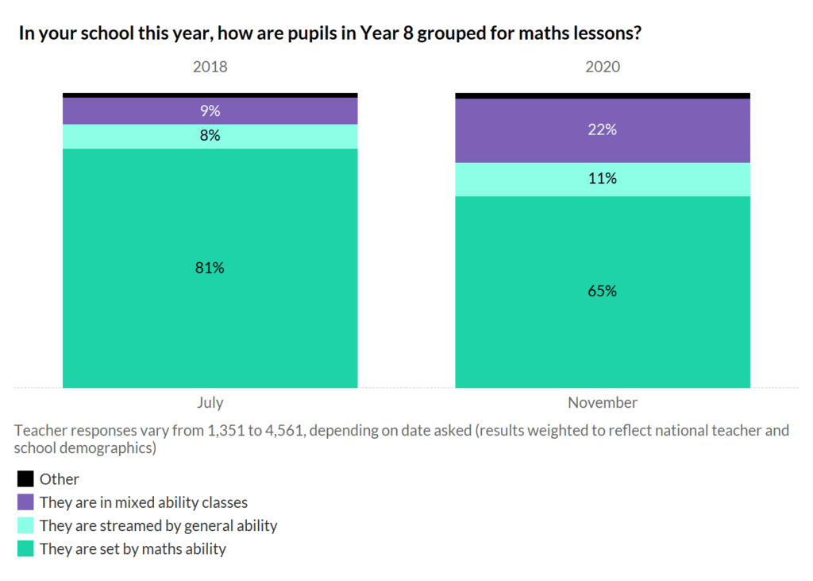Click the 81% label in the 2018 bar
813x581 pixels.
[210, 268]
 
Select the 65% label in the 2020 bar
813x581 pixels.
[602, 291]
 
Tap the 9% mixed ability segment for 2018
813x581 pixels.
[210, 111]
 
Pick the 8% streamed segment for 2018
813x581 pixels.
[210, 136]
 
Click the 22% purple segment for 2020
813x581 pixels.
[602, 130]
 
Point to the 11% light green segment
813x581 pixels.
[602, 179]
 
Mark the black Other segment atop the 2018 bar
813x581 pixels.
[210, 95]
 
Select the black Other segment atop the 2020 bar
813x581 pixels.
[602, 95]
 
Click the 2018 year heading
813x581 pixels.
[210, 67]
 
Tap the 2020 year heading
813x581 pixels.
[603, 67]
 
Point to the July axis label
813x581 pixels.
[210, 402]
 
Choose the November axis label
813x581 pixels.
[602, 402]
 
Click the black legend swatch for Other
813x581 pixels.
[25, 479]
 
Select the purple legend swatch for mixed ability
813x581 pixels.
[25, 502]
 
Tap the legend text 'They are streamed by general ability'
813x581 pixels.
[158, 525]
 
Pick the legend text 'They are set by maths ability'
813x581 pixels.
[133, 548]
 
